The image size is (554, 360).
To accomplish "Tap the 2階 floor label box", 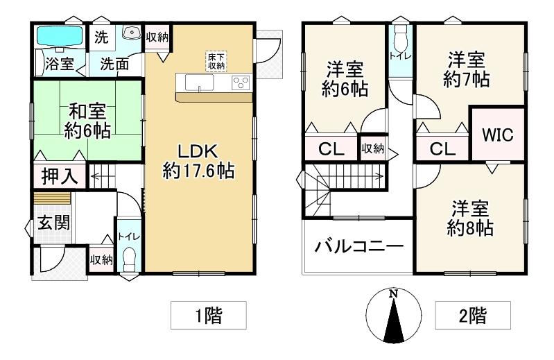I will click(472, 316).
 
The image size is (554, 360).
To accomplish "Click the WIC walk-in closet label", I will click(498, 134).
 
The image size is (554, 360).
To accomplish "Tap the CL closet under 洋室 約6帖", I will click(329, 149).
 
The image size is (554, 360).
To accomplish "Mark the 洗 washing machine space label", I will click(101, 35).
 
